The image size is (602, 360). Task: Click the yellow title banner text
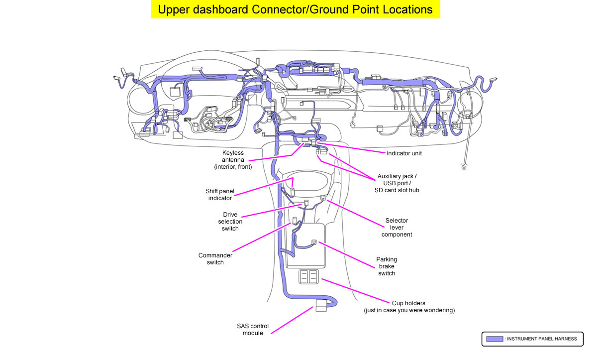click(x=296, y=9)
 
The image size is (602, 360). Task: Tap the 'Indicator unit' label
click(x=404, y=153)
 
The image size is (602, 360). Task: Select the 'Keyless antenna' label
click(x=233, y=160)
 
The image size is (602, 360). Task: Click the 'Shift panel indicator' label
click(x=219, y=194)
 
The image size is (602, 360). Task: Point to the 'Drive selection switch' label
click(x=230, y=222)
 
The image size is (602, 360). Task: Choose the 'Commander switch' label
click(x=215, y=259)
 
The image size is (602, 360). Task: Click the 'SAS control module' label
click(x=252, y=330)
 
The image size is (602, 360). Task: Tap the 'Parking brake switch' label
click(x=387, y=266)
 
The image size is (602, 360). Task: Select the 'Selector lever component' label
click(x=397, y=228)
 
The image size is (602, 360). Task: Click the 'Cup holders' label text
click(x=409, y=306)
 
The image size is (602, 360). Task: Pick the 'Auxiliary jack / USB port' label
click(x=397, y=183)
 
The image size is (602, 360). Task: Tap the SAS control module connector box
click(x=321, y=306)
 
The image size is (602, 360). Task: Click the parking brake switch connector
click(x=314, y=242)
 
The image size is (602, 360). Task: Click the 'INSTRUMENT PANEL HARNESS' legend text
click(x=541, y=339)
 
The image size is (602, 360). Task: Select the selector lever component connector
click(x=323, y=199)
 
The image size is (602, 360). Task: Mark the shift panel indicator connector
click(x=293, y=192)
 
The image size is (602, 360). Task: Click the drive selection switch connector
click(x=306, y=203)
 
